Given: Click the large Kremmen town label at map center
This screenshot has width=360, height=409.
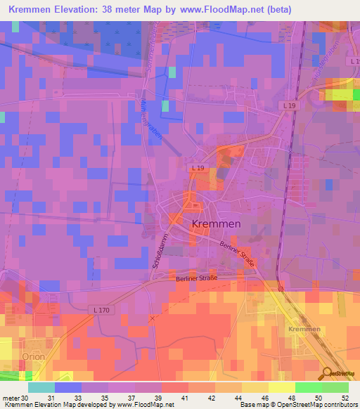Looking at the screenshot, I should pos(217,223).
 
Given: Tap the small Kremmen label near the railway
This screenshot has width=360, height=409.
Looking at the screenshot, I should pos(304,329).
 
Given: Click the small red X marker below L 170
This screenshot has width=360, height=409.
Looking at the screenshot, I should pos(151,318).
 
